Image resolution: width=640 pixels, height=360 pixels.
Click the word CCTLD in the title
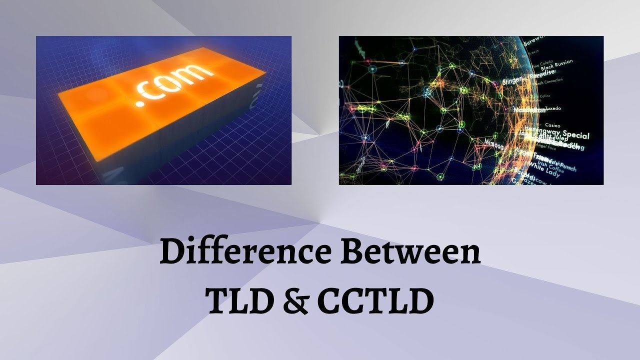coord(375,301)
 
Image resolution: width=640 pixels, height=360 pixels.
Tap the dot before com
coord(140,103)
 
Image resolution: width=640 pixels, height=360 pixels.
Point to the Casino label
coord(552,125)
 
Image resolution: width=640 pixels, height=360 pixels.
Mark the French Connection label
coord(549,80)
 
